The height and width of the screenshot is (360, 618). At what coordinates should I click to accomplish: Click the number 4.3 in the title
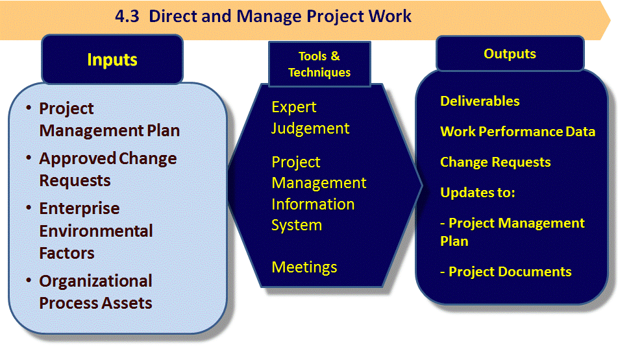[127, 17]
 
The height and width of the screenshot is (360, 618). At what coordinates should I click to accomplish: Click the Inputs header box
[112, 59]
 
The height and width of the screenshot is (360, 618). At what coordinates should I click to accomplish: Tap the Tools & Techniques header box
[319, 64]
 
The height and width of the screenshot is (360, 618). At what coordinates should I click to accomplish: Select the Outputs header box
[510, 54]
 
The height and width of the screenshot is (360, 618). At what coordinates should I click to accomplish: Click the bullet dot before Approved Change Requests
[29, 158]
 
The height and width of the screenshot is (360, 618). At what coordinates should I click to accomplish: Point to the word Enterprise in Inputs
[79, 208]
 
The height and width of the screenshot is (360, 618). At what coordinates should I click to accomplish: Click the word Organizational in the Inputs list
[95, 282]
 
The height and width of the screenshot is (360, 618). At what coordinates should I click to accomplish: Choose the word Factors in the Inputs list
[67, 253]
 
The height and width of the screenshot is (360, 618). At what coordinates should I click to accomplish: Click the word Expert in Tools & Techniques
[293, 108]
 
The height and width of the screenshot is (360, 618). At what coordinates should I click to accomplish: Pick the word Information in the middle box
[313, 204]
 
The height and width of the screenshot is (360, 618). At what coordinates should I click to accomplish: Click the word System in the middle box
[297, 225]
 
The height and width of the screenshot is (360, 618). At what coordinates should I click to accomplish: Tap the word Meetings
[304, 267]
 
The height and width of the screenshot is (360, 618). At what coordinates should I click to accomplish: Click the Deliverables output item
[480, 101]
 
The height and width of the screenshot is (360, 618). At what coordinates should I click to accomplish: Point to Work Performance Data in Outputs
[517, 132]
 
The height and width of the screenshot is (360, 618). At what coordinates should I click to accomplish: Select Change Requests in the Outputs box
[495, 162]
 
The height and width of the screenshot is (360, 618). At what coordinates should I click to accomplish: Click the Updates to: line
[477, 193]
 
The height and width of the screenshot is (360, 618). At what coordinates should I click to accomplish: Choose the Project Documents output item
[506, 272]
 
